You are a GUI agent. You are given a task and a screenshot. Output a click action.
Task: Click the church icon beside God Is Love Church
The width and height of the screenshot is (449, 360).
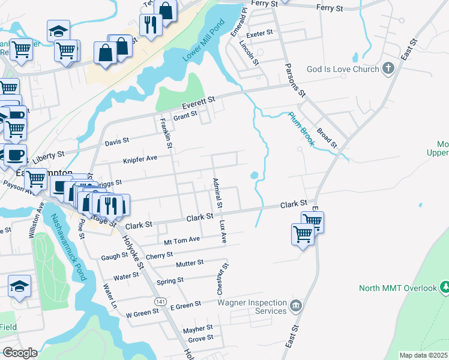(x=388, y=68)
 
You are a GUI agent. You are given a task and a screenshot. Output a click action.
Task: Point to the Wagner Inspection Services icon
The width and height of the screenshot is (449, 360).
(x=295, y=307)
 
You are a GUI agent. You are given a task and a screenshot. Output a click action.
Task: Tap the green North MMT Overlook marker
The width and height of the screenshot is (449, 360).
(x=445, y=287)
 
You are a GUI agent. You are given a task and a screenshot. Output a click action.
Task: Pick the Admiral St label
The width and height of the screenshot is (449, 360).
(x=217, y=193)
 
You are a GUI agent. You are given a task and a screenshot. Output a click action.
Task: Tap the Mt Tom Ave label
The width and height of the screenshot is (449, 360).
(x=181, y=239)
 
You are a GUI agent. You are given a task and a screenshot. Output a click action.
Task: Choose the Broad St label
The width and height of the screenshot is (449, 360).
(x=328, y=137)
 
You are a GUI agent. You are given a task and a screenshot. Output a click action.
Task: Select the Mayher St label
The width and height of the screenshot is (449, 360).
(x=198, y=329)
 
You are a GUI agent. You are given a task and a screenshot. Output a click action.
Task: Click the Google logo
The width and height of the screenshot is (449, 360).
(x=20, y=353)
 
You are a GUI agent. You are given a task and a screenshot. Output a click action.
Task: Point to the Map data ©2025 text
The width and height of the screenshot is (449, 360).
(x=423, y=355)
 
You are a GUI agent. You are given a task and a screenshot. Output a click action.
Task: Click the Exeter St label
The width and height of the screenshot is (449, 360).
(x=259, y=32)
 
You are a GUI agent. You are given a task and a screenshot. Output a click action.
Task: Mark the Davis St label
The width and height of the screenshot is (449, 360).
(x=117, y=142)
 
